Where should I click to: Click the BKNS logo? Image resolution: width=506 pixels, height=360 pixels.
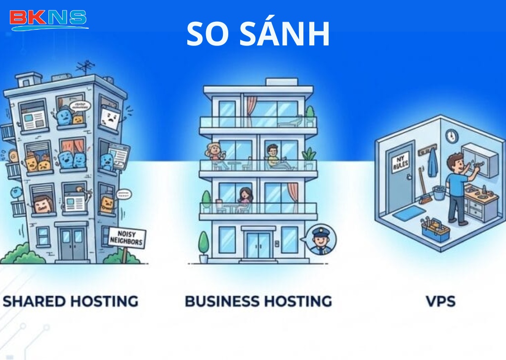coord(48,19)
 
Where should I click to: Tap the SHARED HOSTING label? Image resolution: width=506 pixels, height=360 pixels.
coord(71,301)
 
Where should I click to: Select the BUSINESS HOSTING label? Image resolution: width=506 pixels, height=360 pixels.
coord(258,301)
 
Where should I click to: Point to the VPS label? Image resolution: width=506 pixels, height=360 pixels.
coord(440,301)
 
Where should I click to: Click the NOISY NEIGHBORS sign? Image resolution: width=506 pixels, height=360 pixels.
coord(127,239)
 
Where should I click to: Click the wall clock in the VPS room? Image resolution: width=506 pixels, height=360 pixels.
coord(451,136)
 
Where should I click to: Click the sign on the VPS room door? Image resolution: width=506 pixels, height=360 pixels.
coord(400,162)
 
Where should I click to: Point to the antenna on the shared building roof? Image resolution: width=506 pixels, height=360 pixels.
coord(85,67)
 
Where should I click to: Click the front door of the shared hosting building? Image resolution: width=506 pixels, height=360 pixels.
coord(72,243)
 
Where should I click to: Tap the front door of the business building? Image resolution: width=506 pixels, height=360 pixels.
coord(258,245)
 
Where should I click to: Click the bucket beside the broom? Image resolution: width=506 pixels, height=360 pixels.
coord(439,193)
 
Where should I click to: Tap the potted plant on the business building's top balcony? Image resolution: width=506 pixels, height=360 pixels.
coord(310,117)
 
